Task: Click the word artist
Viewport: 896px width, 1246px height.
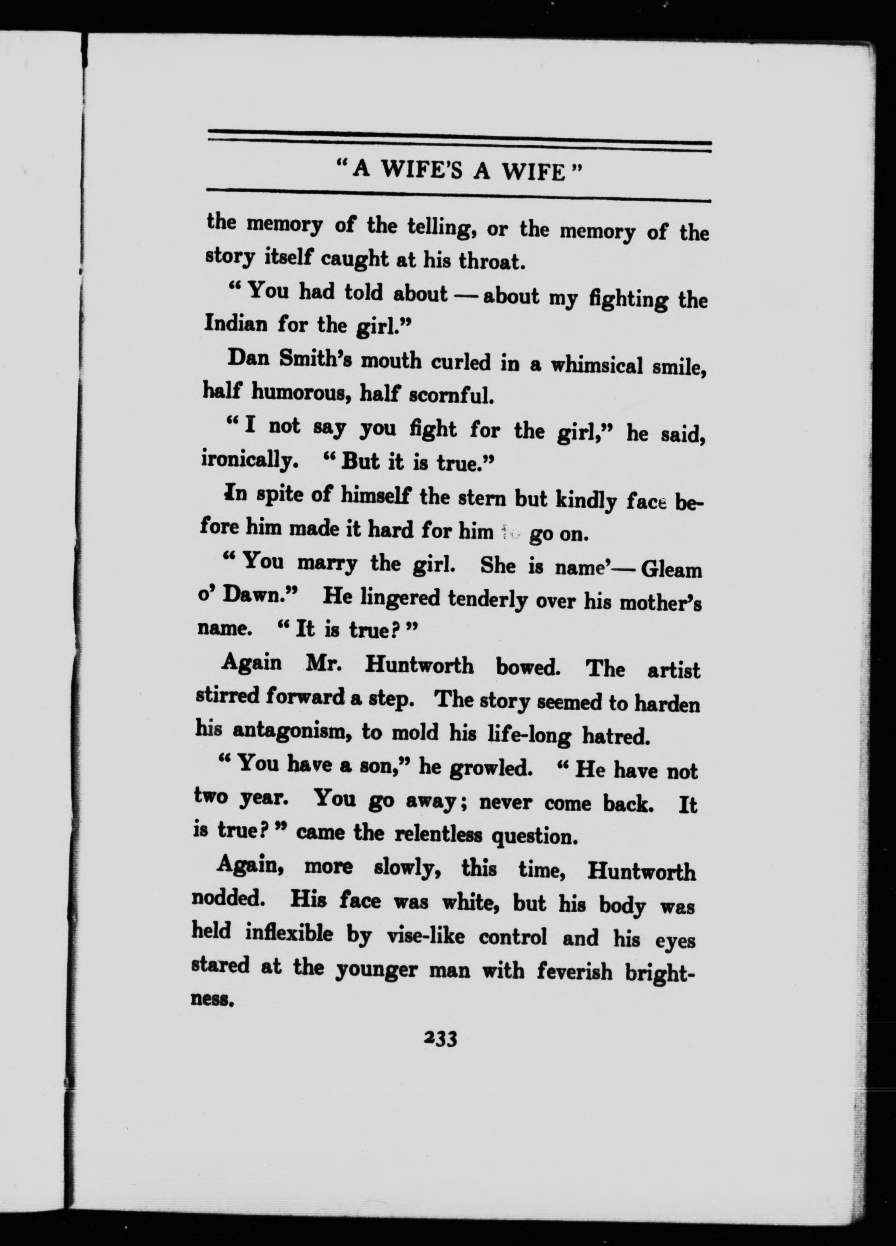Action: [674, 671]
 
